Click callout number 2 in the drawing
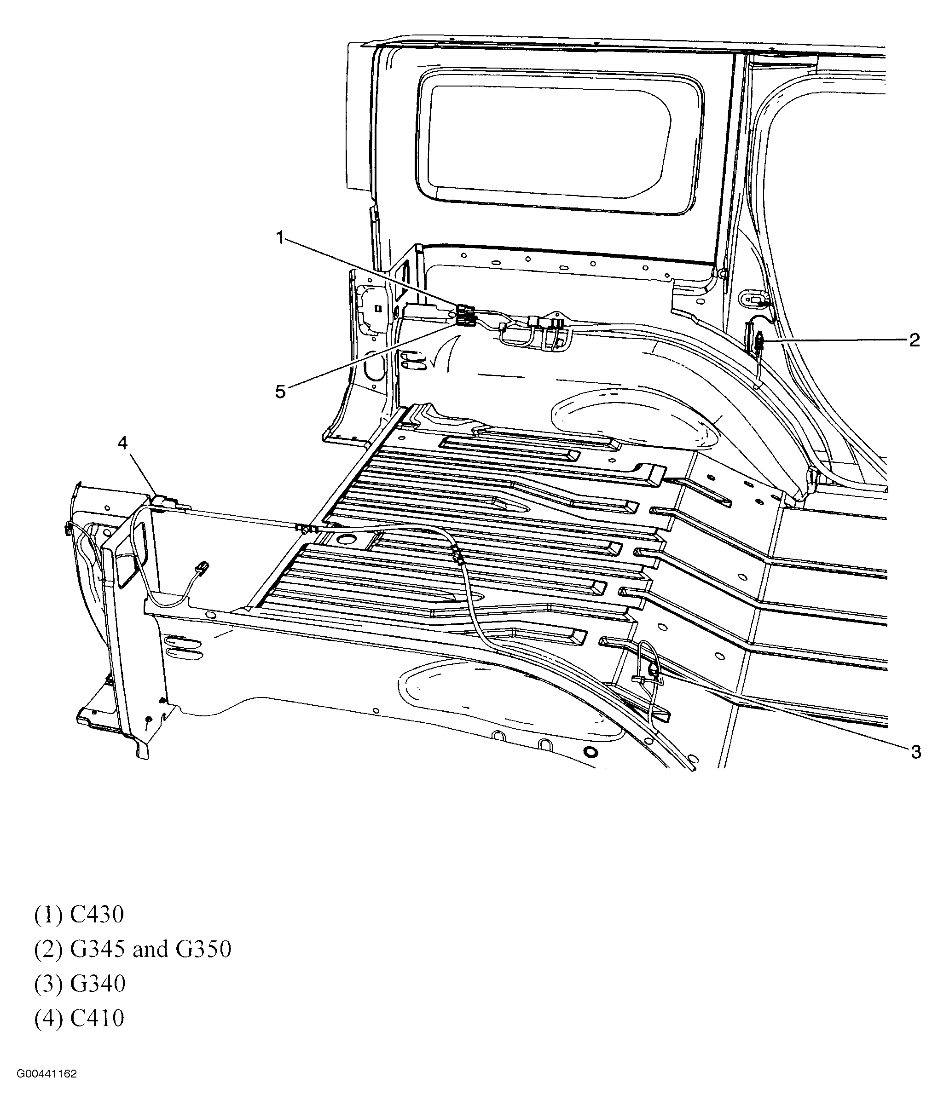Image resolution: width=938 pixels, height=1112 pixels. pyautogui.click(x=914, y=340)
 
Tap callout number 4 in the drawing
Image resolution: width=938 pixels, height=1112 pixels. pyautogui.click(x=123, y=443)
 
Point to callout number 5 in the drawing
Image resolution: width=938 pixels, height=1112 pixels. pyautogui.click(x=280, y=392)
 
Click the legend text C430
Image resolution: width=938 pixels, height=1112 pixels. pyautogui.click(x=97, y=915)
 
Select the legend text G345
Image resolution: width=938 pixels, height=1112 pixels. pyautogui.click(x=97, y=949)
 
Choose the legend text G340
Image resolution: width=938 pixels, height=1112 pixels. pyautogui.click(x=97, y=984)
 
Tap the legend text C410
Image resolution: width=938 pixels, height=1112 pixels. pyautogui.click(x=97, y=1019)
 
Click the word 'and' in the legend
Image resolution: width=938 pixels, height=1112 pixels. pyautogui.click(x=150, y=949)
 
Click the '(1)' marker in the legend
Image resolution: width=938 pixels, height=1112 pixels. pyautogui.click(x=48, y=915)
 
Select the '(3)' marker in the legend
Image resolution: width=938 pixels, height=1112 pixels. pyautogui.click(x=48, y=984)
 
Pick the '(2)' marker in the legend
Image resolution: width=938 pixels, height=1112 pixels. pyautogui.click(x=48, y=949)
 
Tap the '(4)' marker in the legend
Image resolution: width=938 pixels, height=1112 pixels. pyautogui.click(x=48, y=1019)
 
